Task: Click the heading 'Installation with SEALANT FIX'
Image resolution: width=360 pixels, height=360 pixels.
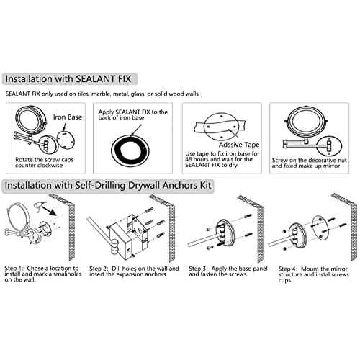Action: pos(68,79)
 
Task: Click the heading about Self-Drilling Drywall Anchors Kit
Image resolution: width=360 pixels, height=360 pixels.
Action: pos(108,186)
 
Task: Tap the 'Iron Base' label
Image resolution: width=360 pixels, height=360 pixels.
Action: pos(68,117)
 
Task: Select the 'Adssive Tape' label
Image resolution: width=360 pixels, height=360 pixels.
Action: pos(239,145)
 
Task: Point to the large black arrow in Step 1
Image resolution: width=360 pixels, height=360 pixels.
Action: pos(48,210)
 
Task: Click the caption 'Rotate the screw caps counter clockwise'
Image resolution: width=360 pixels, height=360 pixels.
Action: pos(45,163)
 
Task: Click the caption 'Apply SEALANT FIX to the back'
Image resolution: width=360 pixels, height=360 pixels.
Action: pos(133,114)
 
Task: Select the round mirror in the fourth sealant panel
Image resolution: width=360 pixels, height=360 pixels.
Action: pos(305,122)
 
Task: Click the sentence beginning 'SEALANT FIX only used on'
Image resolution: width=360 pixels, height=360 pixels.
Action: pos(102,94)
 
